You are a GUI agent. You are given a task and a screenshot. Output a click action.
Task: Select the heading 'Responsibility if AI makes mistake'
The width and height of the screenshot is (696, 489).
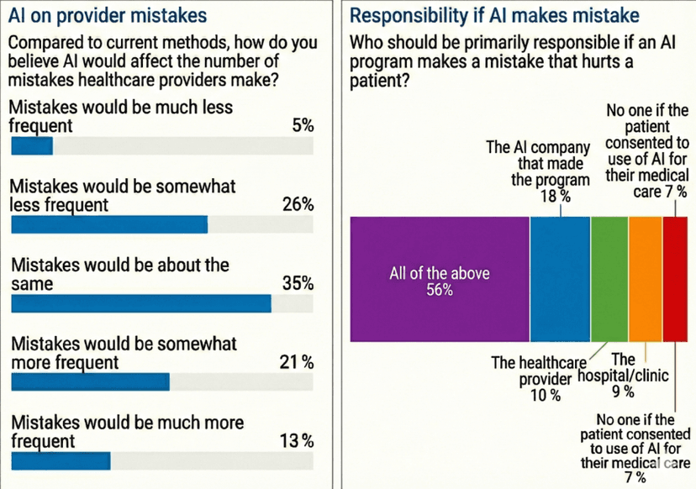tap(493, 15)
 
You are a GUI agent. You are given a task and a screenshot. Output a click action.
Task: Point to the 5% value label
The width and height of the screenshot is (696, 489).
tap(303, 126)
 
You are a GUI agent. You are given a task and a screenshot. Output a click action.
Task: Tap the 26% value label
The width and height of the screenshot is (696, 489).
tap(298, 204)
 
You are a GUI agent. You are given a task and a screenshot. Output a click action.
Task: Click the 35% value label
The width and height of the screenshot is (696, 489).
tap(298, 283)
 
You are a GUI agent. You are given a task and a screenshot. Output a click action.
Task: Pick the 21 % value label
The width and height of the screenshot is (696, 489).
tap(296, 362)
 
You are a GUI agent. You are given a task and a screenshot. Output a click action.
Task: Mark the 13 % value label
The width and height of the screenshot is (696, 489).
tap(296, 441)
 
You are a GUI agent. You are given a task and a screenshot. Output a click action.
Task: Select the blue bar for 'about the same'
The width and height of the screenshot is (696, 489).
tap(140, 303)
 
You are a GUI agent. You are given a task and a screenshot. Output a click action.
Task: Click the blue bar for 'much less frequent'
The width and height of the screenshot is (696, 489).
tap(31, 146)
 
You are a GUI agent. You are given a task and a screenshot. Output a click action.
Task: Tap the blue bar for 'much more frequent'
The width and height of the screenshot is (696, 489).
tap(60, 461)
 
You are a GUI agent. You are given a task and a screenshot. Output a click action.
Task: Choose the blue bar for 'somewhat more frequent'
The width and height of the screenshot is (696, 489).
tap(90, 382)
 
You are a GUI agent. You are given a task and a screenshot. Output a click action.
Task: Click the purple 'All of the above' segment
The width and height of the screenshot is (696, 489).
tap(439, 279)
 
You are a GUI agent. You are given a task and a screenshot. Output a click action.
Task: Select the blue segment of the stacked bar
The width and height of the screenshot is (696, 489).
tap(560, 279)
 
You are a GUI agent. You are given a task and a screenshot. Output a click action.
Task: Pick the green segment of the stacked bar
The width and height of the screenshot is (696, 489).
tap(609, 279)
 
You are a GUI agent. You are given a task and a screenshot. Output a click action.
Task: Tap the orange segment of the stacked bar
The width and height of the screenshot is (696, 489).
tap(646, 279)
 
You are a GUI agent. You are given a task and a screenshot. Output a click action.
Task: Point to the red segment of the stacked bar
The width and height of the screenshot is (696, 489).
tap(675, 279)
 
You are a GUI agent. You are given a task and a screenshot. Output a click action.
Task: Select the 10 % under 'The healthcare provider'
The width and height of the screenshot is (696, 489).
tap(545, 396)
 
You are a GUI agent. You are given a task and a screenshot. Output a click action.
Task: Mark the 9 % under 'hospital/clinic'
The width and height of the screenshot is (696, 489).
tap(623, 392)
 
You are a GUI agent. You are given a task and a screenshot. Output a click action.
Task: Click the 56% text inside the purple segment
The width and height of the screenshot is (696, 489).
tap(439, 290)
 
